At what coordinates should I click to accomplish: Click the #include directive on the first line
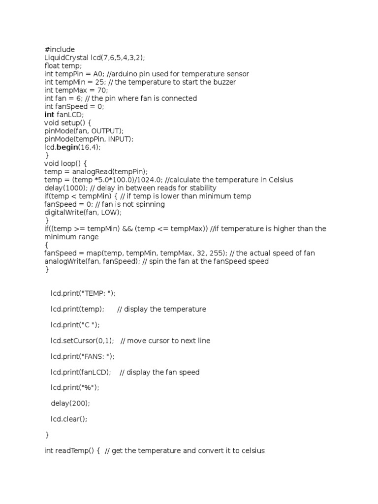click(x=60, y=50)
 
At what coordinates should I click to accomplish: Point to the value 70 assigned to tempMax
click(x=100, y=90)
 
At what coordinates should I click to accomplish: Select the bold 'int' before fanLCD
click(x=50, y=115)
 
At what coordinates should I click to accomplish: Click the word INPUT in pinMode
click(x=118, y=139)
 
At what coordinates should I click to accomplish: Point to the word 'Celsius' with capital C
click(x=281, y=180)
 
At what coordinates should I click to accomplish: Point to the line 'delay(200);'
click(x=70, y=404)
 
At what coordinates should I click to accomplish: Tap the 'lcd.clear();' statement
click(x=72, y=419)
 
